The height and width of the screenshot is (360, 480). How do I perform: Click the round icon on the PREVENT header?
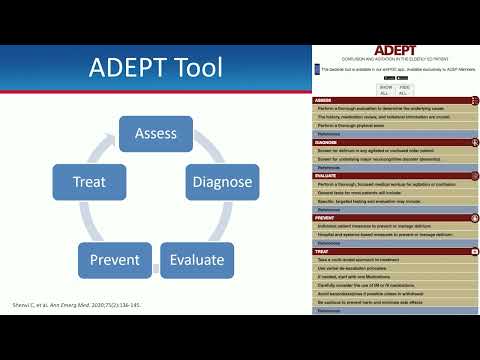point(471,216)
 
